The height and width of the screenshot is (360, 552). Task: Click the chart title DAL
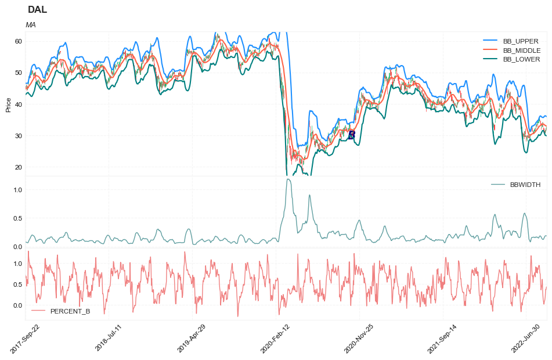pyautogui.click(x=38, y=10)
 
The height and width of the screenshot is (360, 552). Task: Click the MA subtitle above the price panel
pyautogui.click(x=31, y=25)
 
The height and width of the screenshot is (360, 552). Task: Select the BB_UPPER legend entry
pyautogui.click(x=521, y=41)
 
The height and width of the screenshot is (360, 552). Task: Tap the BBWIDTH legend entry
pyautogui.click(x=525, y=185)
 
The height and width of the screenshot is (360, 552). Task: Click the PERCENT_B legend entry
pyautogui.click(x=70, y=311)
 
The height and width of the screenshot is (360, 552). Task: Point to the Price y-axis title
pyautogui.click(x=8, y=105)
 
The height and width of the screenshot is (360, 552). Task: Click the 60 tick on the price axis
pyautogui.click(x=18, y=41)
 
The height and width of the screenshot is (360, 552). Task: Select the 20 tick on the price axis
pyautogui.click(x=18, y=167)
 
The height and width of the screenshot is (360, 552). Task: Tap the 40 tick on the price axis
pyautogui.click(x=18, y=105)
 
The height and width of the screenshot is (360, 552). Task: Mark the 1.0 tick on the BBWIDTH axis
pyautogui.click(x=17, y=190)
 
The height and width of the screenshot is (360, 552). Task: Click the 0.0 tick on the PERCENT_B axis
pyautogui.click(x=17, y=305)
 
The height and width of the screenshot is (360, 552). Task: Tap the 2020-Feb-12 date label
pyautogui.click(x=275, y=339)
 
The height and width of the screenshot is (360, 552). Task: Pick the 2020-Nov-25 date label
pyautogui.click(x=358, y=339)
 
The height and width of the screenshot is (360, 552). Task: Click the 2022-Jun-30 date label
pyautogui.click(x=526, y=339)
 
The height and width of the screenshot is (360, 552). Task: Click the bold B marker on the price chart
pyautogui.click(x=351, y=135)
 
